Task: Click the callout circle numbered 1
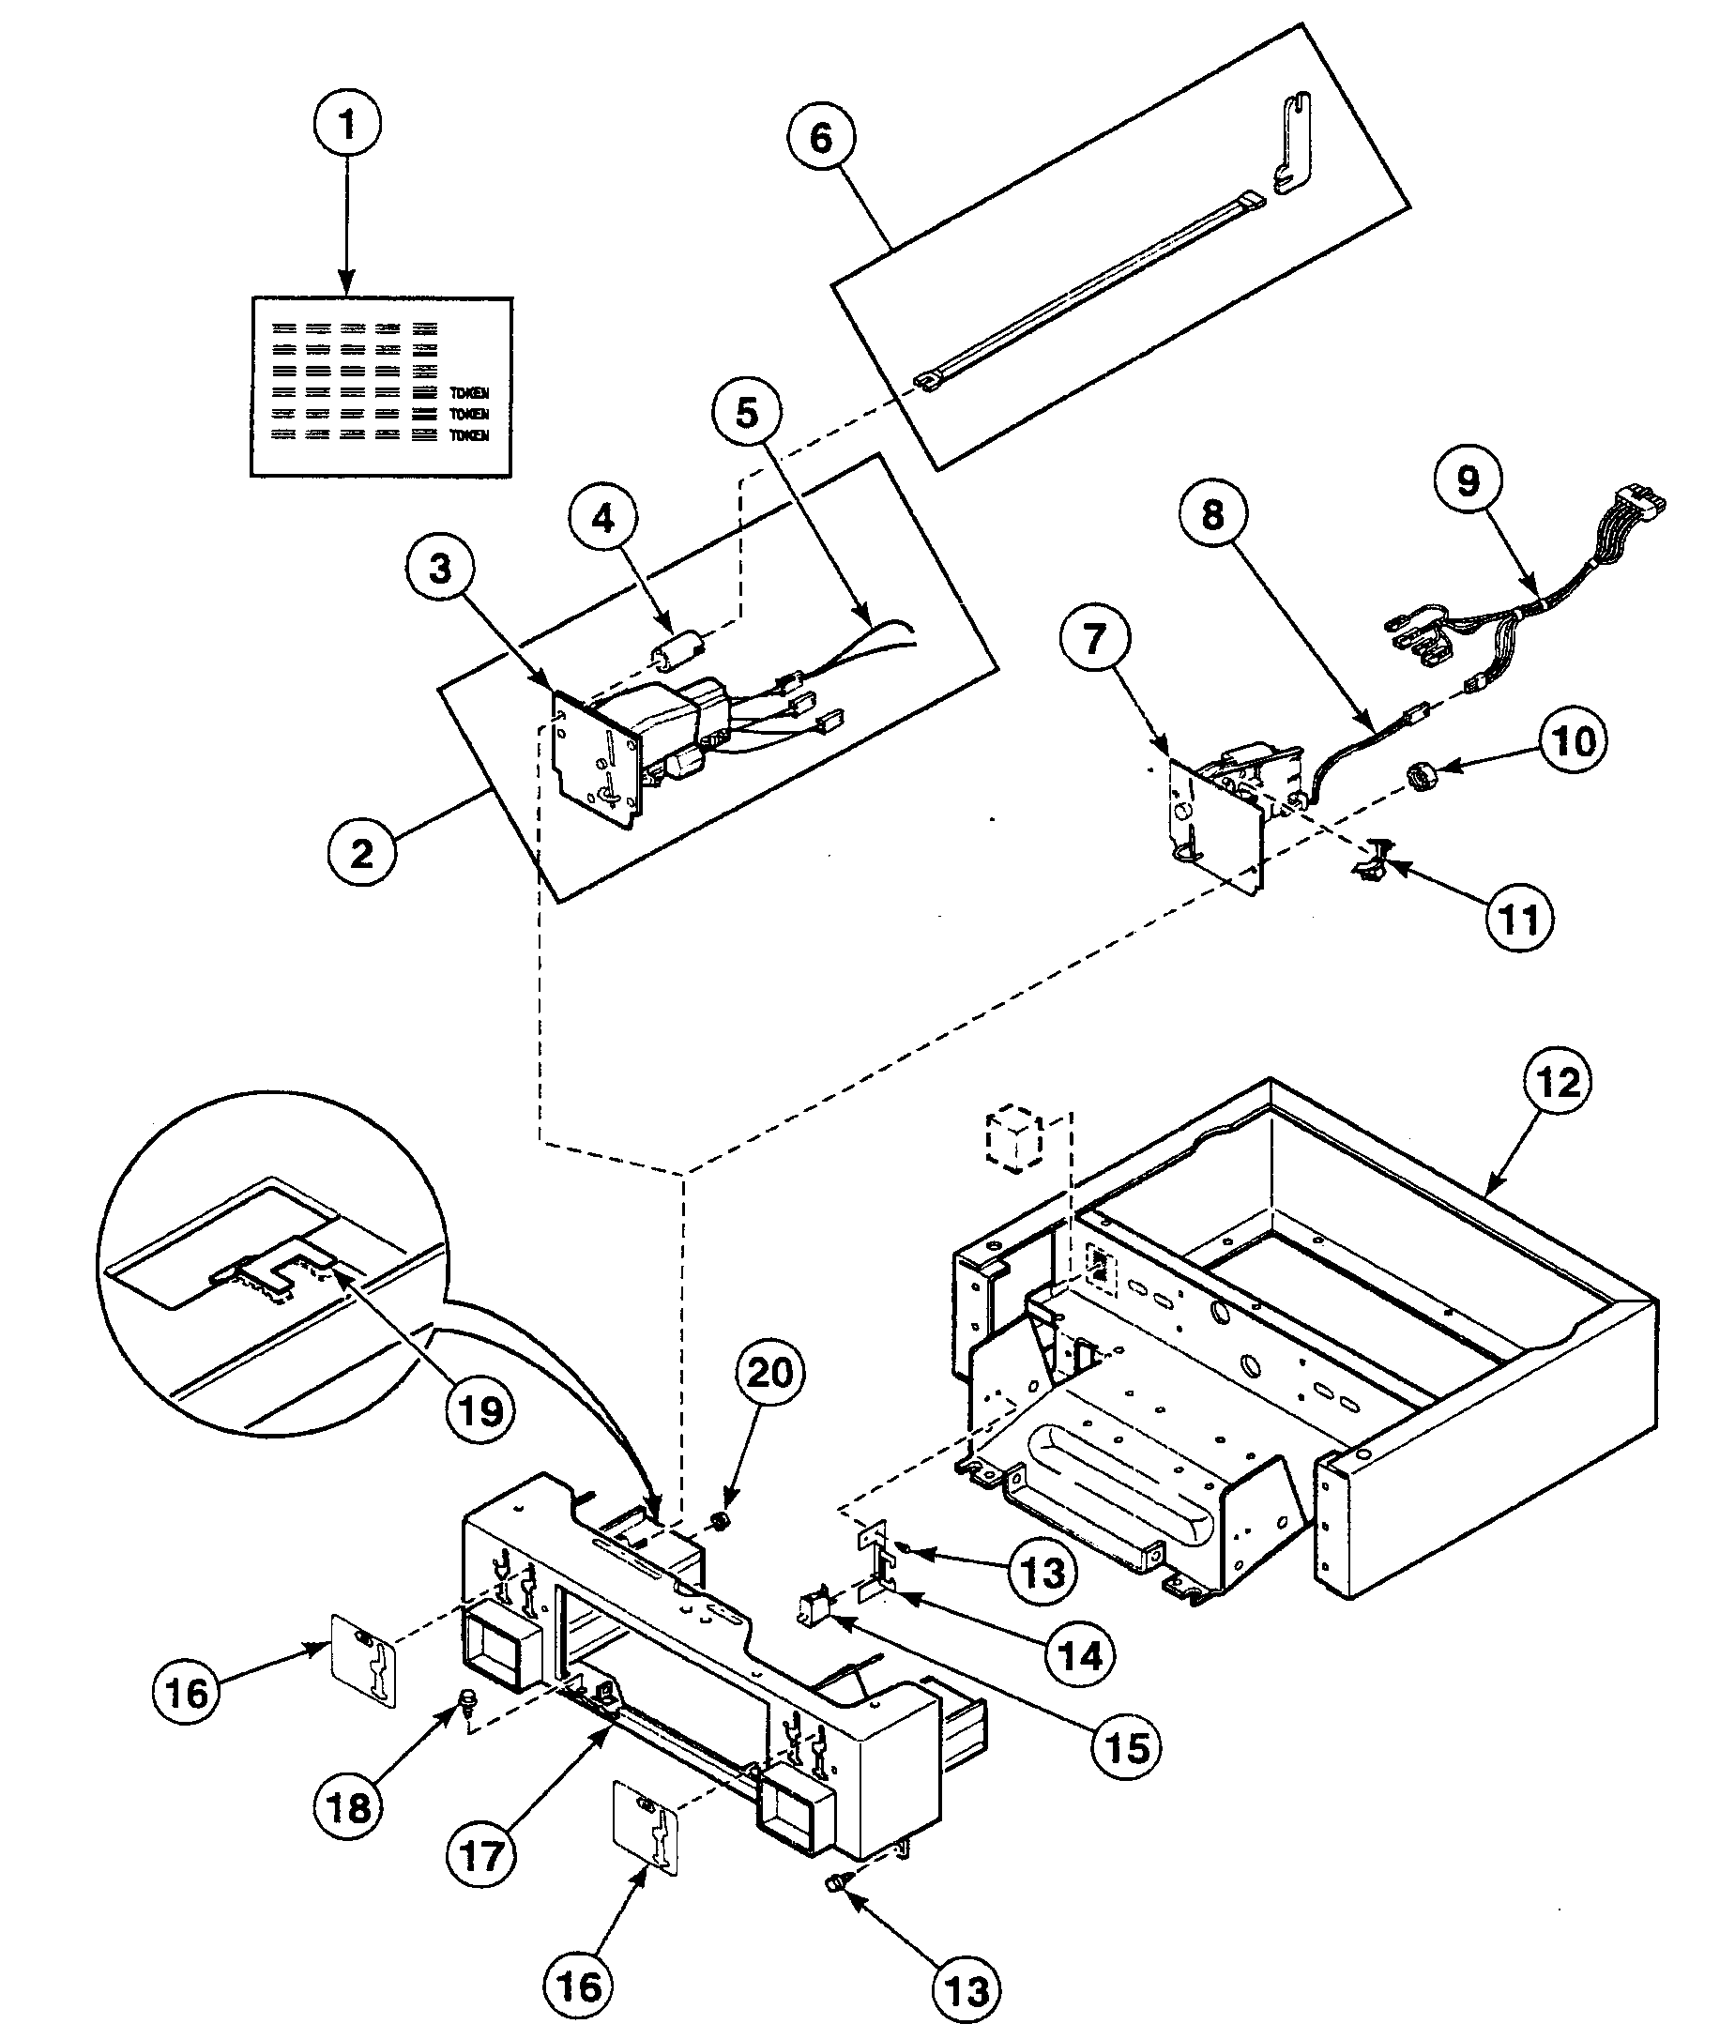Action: click(346, 124)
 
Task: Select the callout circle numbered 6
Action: click(820, 138)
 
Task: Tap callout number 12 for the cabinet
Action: click(1558, 1082)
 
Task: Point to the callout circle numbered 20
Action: click(770, 1372)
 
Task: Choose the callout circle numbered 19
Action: click(481, 1411)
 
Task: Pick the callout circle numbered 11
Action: click(1520, 919)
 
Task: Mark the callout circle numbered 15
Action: click(1126, 1747)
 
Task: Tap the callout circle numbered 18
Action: click(348, 1807)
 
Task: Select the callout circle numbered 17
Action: click(482, 1856)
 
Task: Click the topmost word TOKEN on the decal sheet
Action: click(468, 392)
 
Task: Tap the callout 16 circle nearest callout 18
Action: click(186, 1693)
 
